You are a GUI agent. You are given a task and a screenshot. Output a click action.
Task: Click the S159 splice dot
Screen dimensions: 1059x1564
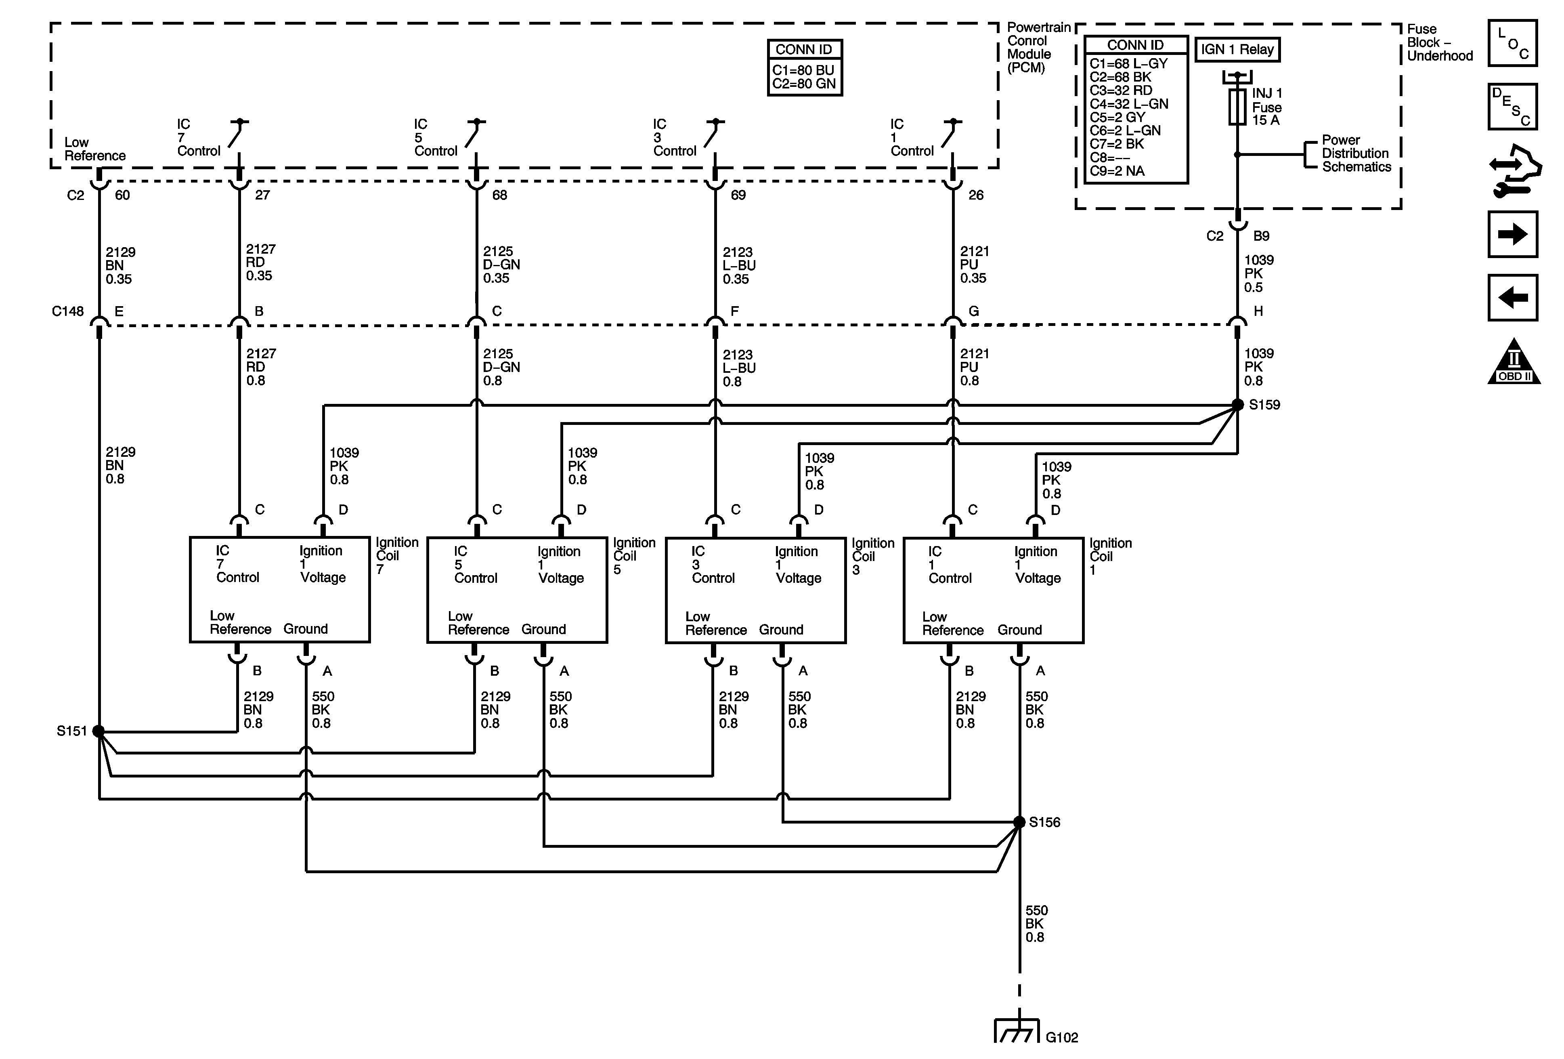point(1237,405)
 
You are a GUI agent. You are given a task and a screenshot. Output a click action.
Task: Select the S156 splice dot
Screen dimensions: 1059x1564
point(1019,822)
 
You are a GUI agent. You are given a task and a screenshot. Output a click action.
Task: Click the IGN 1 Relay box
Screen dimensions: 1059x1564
point(1237,50)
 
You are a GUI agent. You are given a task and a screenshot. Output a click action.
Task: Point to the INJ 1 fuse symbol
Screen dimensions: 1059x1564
point(1237,106)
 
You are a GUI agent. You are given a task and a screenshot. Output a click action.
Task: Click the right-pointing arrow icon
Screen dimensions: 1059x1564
point(1512,234)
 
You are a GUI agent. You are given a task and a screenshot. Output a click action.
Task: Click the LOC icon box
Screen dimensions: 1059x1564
point(1512,44)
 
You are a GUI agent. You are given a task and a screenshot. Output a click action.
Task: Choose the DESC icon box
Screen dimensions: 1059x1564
point(1512,106)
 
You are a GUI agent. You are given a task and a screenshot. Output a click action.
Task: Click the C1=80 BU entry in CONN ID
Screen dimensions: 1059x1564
point(803,70)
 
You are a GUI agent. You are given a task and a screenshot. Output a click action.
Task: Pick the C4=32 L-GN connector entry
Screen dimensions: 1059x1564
point(1128,104)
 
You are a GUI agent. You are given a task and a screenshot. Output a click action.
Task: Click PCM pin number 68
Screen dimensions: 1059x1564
point(499,195)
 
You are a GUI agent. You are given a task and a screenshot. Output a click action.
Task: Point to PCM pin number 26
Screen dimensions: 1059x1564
point(976,195)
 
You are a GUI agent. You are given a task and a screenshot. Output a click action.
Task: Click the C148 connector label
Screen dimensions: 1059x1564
point(67,311)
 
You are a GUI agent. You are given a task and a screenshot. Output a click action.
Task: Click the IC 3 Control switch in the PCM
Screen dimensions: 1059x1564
point(712,134)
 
